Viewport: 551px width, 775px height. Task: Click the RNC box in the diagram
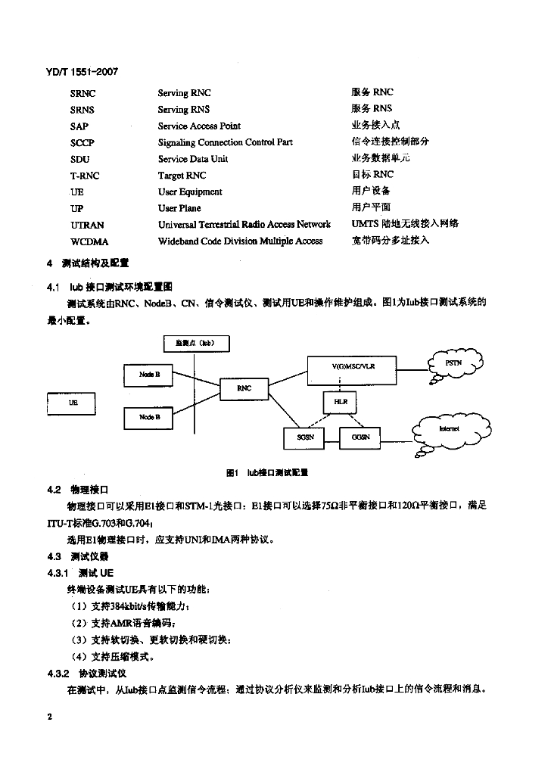point(244,388)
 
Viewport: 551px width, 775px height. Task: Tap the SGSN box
point(307,437)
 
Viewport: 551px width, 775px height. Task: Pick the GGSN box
point(356,437)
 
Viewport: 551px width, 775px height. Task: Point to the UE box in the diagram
point(73,403)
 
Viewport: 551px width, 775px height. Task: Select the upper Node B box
point(149,375)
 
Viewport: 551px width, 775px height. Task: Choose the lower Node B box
point(149,417)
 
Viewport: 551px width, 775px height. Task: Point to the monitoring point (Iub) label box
point(195,344)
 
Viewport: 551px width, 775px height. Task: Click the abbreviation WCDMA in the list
point(89,241)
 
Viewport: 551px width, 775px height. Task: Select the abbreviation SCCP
point(82,142)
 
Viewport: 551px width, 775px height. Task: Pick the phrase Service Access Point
point(199,126)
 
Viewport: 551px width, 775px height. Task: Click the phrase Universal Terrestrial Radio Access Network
point(244,225)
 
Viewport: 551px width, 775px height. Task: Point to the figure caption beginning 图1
point(267,472)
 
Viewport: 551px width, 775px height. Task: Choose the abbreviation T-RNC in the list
point(85,176)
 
